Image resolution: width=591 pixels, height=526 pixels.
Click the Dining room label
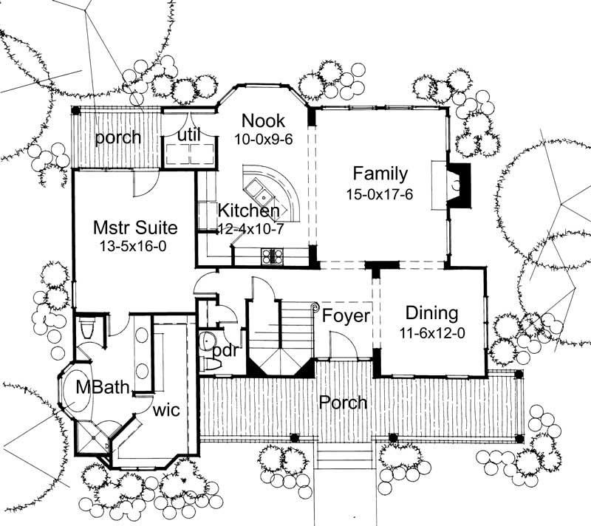pyautogui.click(x=432, y=313)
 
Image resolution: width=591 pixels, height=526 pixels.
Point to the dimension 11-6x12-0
pyautogui.click(x=432, y=332)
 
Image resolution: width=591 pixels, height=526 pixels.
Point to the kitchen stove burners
pyautogui.click(x=271, y=256)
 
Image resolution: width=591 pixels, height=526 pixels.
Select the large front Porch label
pyautogui.click(x=344, y=403)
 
